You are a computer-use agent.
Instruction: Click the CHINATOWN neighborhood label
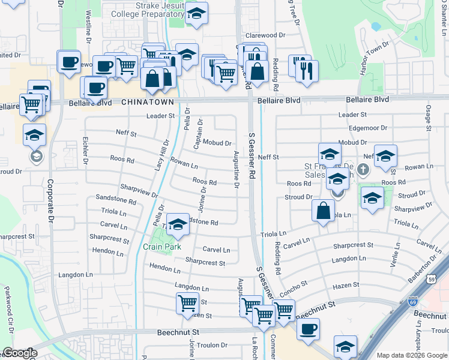point(148,103)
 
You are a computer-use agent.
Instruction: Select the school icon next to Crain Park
point(177,225)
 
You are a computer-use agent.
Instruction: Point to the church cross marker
point(363,169)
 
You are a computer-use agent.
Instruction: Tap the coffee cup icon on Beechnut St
point(309,329)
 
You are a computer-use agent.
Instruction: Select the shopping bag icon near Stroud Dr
point(323,211)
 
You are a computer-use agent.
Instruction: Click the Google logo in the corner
point(19,353)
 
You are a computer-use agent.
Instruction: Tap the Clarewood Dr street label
point(265,36)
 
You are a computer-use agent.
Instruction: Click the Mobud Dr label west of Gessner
point(217,143)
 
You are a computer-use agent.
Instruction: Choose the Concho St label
point(294,287)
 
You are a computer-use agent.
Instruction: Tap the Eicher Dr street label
point(85,153)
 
